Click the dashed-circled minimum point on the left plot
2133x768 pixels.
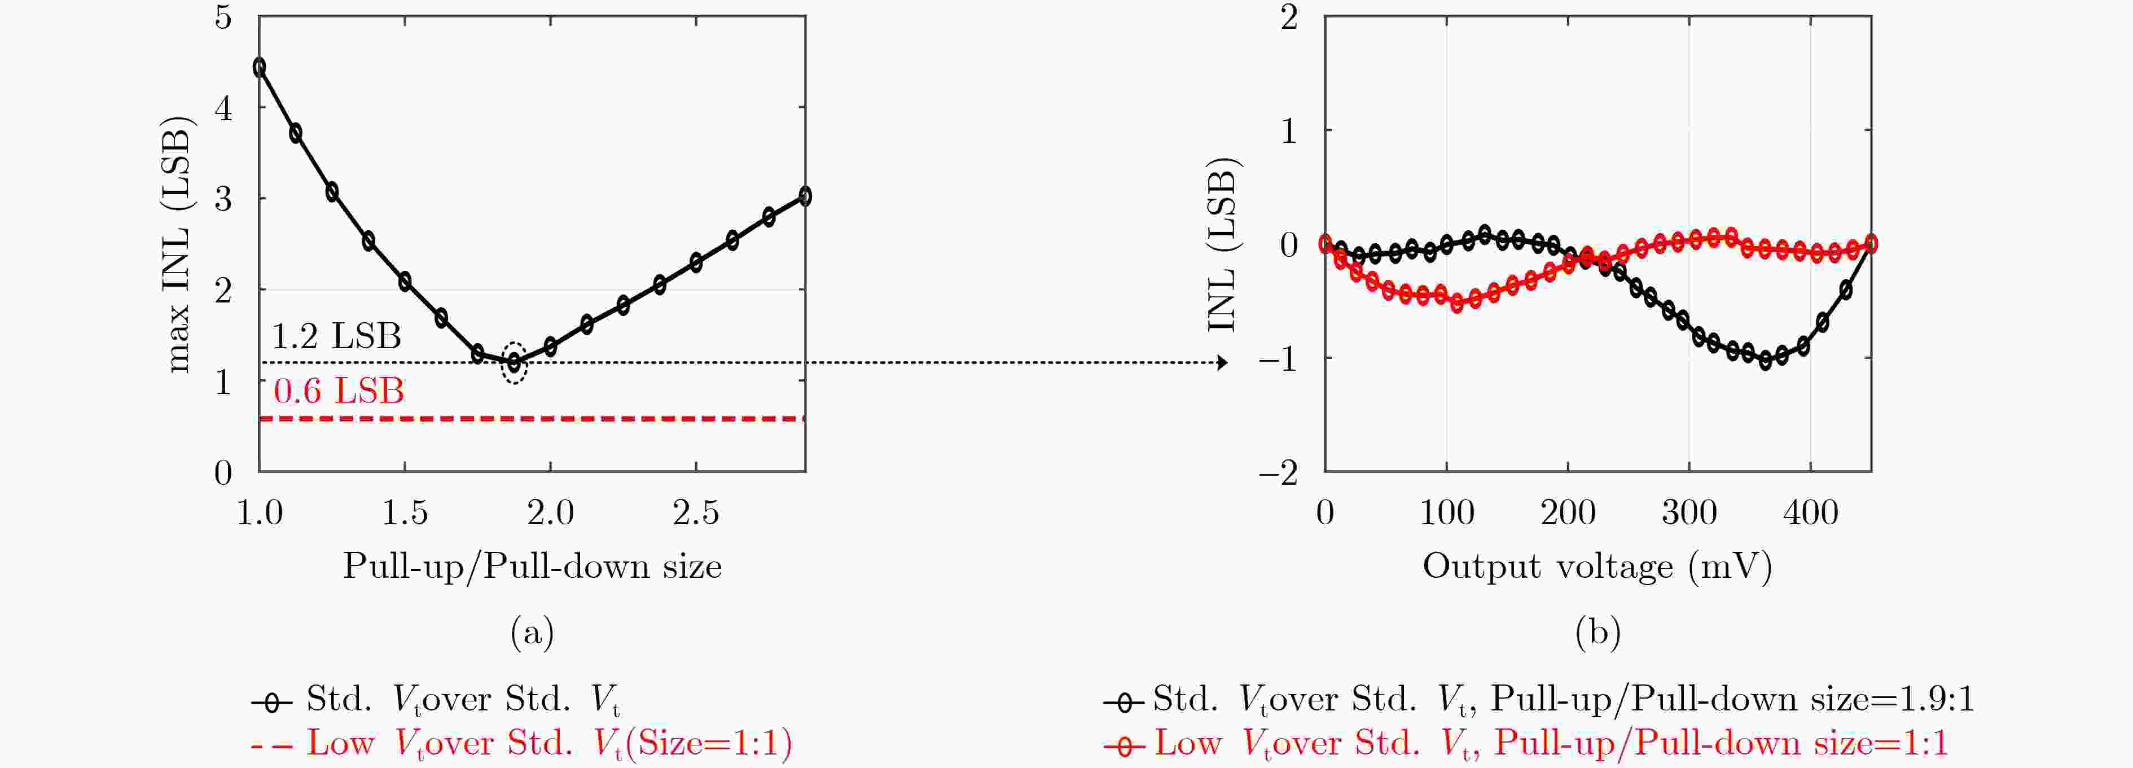514,362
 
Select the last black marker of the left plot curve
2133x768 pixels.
805,196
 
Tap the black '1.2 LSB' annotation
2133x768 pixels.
336,336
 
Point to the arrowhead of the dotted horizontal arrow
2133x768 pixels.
1222,362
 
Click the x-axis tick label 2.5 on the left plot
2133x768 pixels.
696,514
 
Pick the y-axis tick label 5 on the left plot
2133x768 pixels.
223,16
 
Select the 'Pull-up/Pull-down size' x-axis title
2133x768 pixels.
533,567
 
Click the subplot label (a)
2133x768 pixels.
533,633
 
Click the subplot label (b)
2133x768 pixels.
1597,633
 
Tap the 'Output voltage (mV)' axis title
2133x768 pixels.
1597,567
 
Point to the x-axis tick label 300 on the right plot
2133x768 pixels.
1689,514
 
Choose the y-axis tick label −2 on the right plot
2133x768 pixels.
1279,473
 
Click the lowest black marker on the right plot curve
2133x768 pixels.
1765,361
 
